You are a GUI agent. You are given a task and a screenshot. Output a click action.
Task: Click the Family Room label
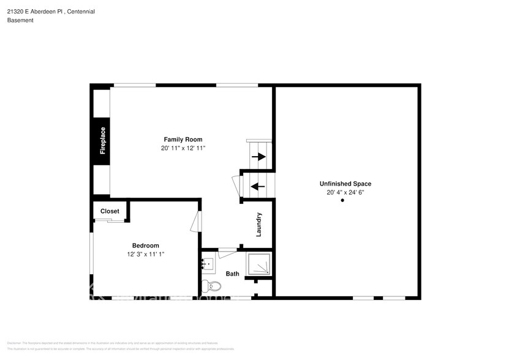click(183, 140)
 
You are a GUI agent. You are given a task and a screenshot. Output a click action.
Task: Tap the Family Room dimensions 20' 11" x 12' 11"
click(183, 149)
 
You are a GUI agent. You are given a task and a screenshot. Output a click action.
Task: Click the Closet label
click(110, 211)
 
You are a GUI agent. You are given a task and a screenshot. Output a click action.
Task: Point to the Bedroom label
click(146, 246)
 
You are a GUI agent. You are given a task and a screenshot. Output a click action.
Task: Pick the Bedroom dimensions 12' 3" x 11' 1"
click(146, 254)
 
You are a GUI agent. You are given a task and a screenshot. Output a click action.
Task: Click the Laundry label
click(259, 225)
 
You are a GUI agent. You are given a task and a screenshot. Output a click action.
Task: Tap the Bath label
click(232, 274)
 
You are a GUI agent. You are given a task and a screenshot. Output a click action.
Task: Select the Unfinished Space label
click(345, 184)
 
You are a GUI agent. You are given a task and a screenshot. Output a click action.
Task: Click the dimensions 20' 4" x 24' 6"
click(345, 192)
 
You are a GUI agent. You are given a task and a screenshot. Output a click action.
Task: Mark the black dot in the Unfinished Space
click(343, 202)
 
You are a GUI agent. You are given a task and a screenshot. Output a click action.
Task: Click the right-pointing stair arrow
click(258, 157)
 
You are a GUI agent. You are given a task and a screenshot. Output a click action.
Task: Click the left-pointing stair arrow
click(258, 186)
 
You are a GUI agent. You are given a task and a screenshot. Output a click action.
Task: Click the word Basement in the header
click(20, 20)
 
